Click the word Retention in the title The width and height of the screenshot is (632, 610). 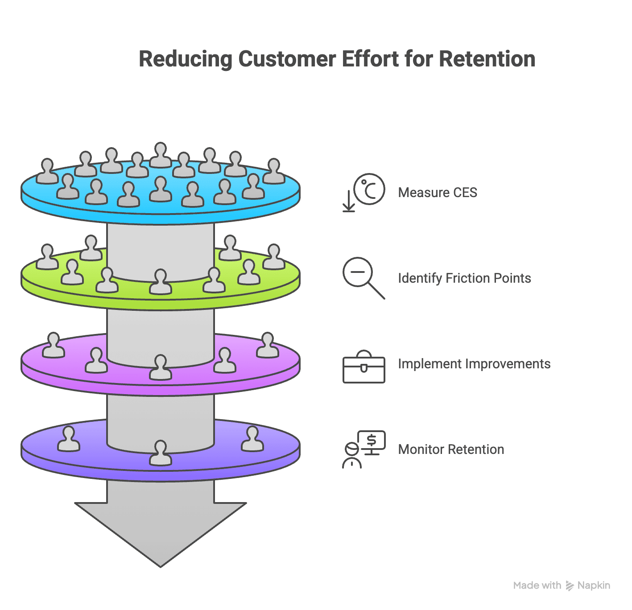487,59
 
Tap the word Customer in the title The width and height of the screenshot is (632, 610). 287,59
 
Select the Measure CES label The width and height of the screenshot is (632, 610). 437,193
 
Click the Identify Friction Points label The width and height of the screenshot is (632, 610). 464,278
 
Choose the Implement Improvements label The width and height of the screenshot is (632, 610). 474,364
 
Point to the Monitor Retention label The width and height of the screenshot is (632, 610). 450,449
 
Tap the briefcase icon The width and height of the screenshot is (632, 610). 364,368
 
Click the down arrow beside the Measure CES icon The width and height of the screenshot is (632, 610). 348,201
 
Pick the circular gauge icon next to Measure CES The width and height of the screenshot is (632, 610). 369,189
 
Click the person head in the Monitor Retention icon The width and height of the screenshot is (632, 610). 352,449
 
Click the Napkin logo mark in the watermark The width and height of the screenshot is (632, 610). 570,586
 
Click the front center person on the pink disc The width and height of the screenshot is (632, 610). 161,367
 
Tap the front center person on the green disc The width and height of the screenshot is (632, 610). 161,282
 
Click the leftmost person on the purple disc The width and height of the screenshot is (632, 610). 69,439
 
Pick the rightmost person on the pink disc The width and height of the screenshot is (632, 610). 268,345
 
